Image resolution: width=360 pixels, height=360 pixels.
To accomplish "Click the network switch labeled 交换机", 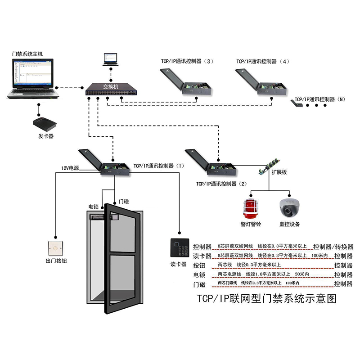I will coord(110,89).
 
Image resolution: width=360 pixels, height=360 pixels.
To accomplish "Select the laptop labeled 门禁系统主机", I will coord(33,79).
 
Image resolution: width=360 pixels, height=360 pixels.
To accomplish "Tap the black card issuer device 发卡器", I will coord(46,122).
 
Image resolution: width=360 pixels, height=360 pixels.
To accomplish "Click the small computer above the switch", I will coord(110,59).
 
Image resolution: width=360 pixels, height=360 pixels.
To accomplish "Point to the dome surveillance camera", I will coord(289,207).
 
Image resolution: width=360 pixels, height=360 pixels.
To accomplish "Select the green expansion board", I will coord(268,166).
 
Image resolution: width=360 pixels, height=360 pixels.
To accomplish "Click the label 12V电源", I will coord(70,168).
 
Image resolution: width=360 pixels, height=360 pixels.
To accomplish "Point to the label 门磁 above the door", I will coord(124,201).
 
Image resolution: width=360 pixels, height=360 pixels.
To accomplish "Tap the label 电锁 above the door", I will coord(94,207).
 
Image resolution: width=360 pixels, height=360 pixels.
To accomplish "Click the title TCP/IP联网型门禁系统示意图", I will coord(267,298).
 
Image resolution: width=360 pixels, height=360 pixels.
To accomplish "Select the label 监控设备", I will coord(289,224).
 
